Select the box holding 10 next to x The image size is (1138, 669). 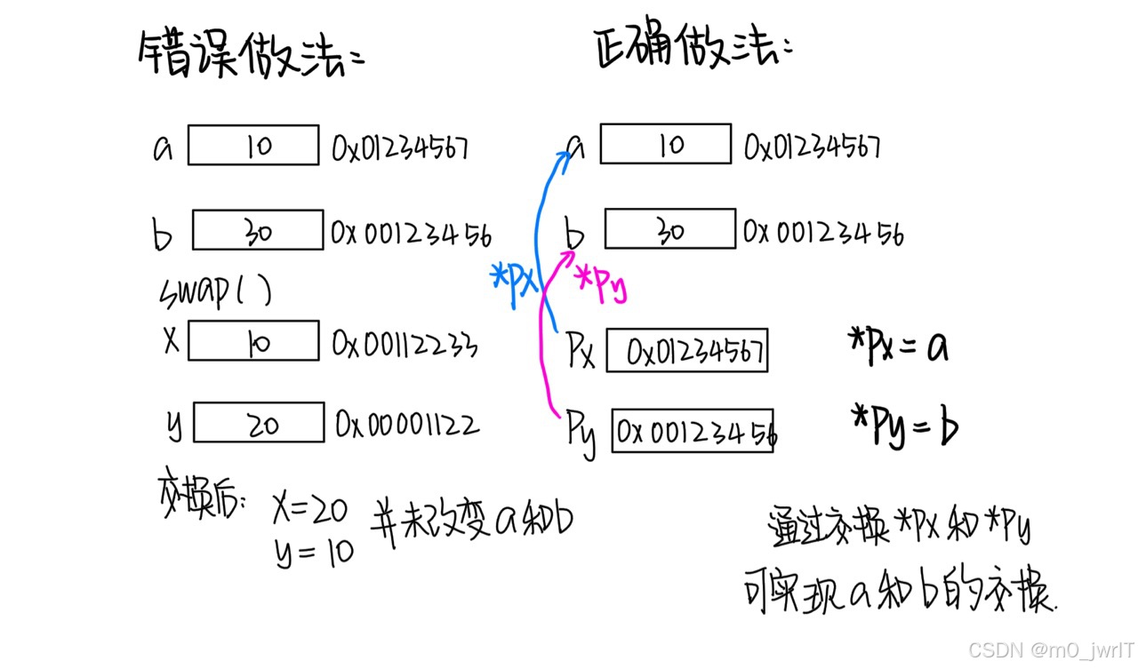253,341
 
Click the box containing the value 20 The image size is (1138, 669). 259,423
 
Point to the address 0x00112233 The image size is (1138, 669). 405,343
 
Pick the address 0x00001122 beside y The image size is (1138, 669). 407,425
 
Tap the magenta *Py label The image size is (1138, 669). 601,283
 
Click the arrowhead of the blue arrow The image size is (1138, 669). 563,157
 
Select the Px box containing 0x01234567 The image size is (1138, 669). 687,352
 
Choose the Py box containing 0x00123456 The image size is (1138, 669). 693,432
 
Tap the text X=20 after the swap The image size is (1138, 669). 311,510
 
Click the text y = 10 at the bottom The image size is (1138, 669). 313,553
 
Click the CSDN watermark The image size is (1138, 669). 1050,649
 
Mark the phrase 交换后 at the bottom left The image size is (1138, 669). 199,500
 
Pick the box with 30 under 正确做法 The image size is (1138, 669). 670,228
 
